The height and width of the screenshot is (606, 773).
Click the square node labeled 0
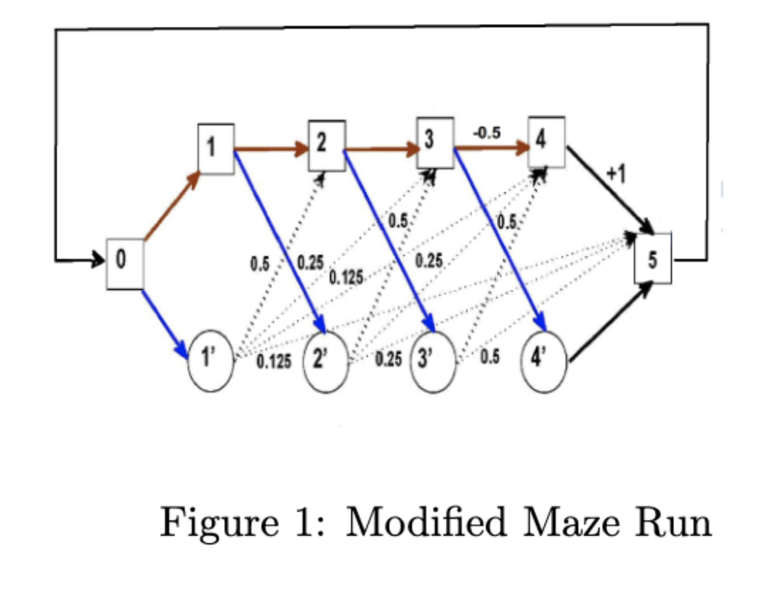tap(125, 263)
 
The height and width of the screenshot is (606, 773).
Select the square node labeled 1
tap(216, 148)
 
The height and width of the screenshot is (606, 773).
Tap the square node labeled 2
tap(327, 145)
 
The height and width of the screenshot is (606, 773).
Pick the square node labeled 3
tap(435, 142)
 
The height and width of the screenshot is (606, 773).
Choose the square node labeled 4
tap(546, 141)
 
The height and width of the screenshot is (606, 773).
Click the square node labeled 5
tap(653, 258)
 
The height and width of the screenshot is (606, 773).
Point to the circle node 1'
tap(211, 361)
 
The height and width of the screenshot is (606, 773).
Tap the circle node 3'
tap(433, 362)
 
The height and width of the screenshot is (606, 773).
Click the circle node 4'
tap(543, 362)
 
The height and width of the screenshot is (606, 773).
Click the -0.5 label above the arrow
tap(487, 133)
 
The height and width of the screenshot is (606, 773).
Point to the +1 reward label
tap(616, 174)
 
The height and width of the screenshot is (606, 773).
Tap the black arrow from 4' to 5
tap(611, 322)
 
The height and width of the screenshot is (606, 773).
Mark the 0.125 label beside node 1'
tap(274, 361)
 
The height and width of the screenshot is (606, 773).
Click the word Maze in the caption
tap(570, 522)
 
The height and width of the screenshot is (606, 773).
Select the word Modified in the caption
tap(426, 522)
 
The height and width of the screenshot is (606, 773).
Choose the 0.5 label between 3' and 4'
tap(490, 356)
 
